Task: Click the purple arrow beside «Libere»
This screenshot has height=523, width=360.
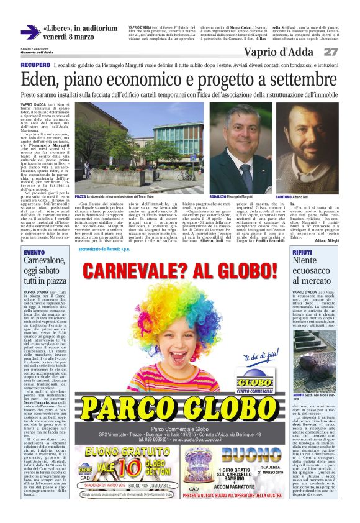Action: click(x=29, y=32)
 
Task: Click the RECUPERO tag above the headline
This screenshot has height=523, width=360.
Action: click(x=35, y=65)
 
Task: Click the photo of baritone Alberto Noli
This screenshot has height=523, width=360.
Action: click(x=315, y=146)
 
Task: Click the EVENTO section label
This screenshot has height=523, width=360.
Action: click(x=34, y=252)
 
